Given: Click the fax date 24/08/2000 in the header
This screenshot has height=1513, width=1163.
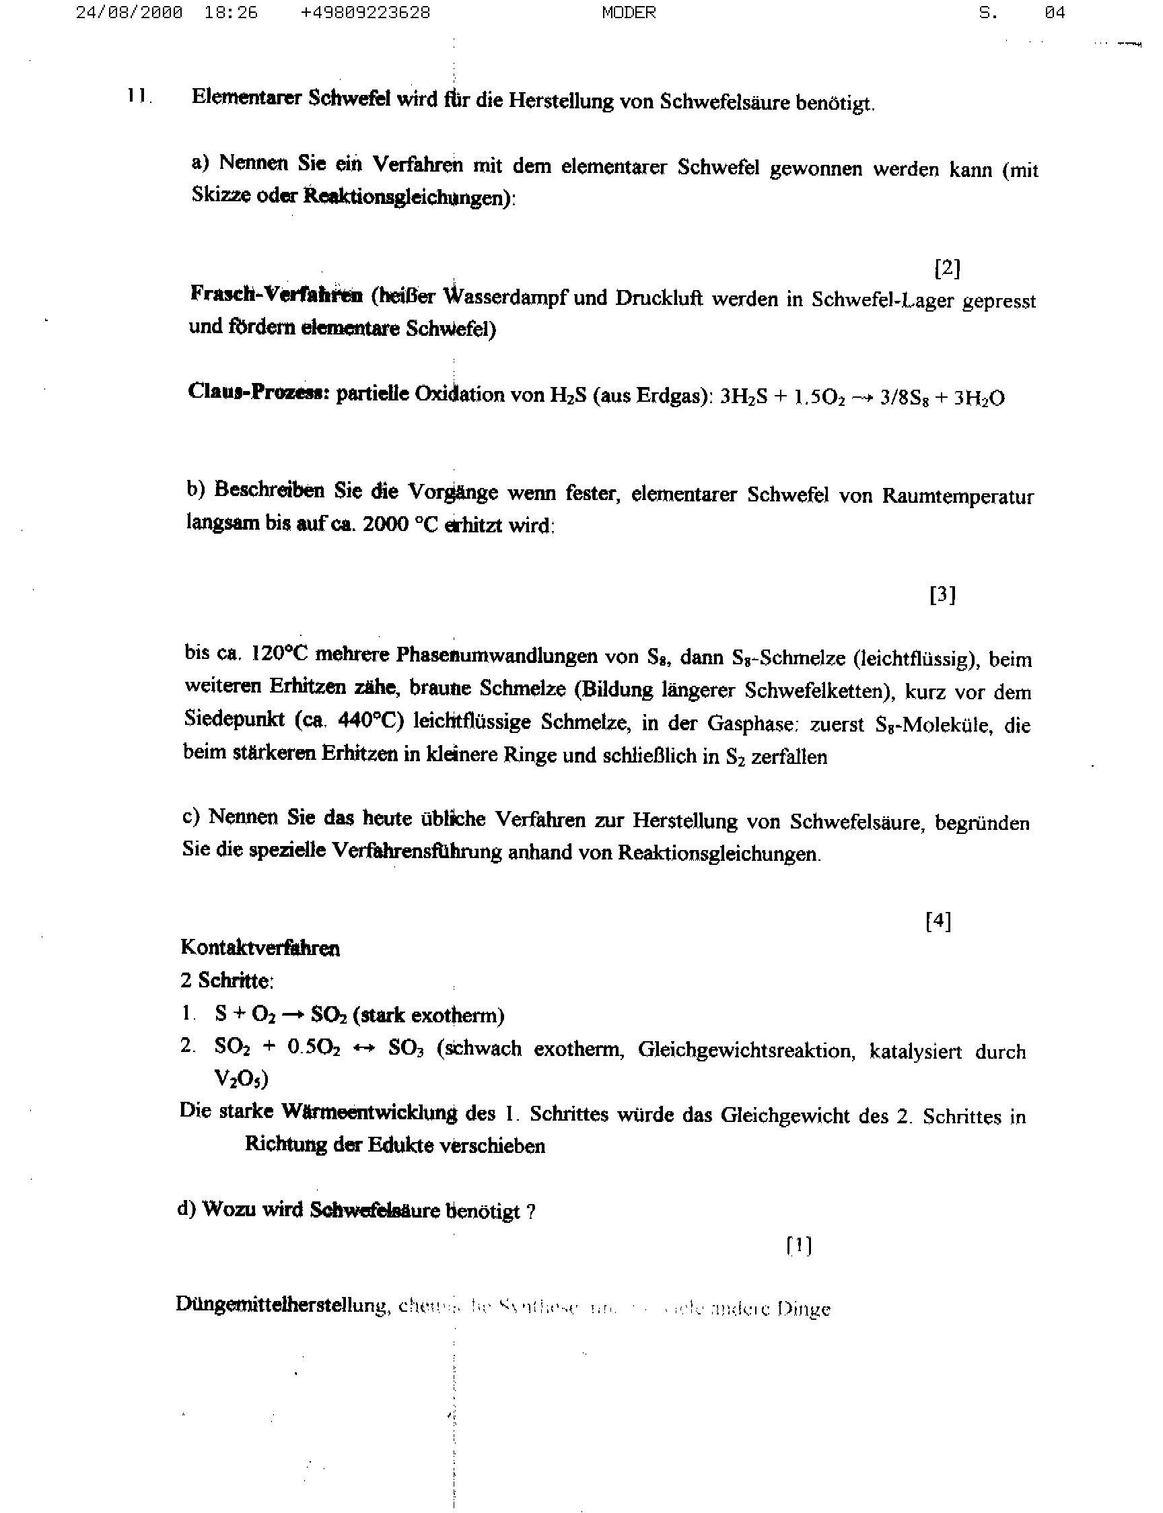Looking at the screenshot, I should pyautogui.click(x=129, y=13).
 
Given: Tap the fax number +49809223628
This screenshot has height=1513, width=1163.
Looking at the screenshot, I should pyautogui.click(x=365, y=13).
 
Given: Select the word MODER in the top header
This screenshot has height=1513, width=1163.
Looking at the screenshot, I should pyautogui.click(x=629, y=13).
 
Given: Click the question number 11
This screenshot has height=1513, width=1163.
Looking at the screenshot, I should pyautogui.click(x=139, y=96).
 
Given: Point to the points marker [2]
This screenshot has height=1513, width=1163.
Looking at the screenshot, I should pyautogui.click(x=947, y=268).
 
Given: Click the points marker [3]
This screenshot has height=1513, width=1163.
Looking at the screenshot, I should pyautogui.click(x=942, y=594).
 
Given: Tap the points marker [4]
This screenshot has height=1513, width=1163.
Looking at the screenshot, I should pyautogui.click(x=938, y=921).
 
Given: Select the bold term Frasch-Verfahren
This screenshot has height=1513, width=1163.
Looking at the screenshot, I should pyautogui.click(x=276, y=295).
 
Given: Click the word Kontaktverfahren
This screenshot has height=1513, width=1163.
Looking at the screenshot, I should pyautogui.click(x=260, y=948).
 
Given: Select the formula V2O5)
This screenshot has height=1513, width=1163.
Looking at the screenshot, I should pyautogui.click(x=241, y=1078).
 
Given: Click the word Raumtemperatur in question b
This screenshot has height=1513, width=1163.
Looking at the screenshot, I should pyautogui.click(x=958, y=497).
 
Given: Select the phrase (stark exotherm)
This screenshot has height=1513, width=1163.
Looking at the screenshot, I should pyautogui.click(x=428, y=1016).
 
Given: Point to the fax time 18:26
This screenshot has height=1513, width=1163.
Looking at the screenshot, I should pyautogui.click(x=232, y=13).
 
